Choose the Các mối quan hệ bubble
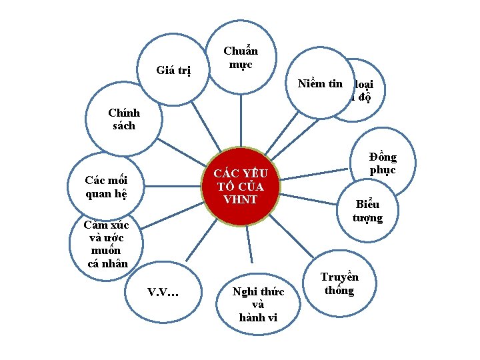(107, 187)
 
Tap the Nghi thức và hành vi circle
(257, 304)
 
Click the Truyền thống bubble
(339, 283)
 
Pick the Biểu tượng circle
(368, 211)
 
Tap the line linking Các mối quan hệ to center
(173, 183)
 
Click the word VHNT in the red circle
(240, 199)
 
